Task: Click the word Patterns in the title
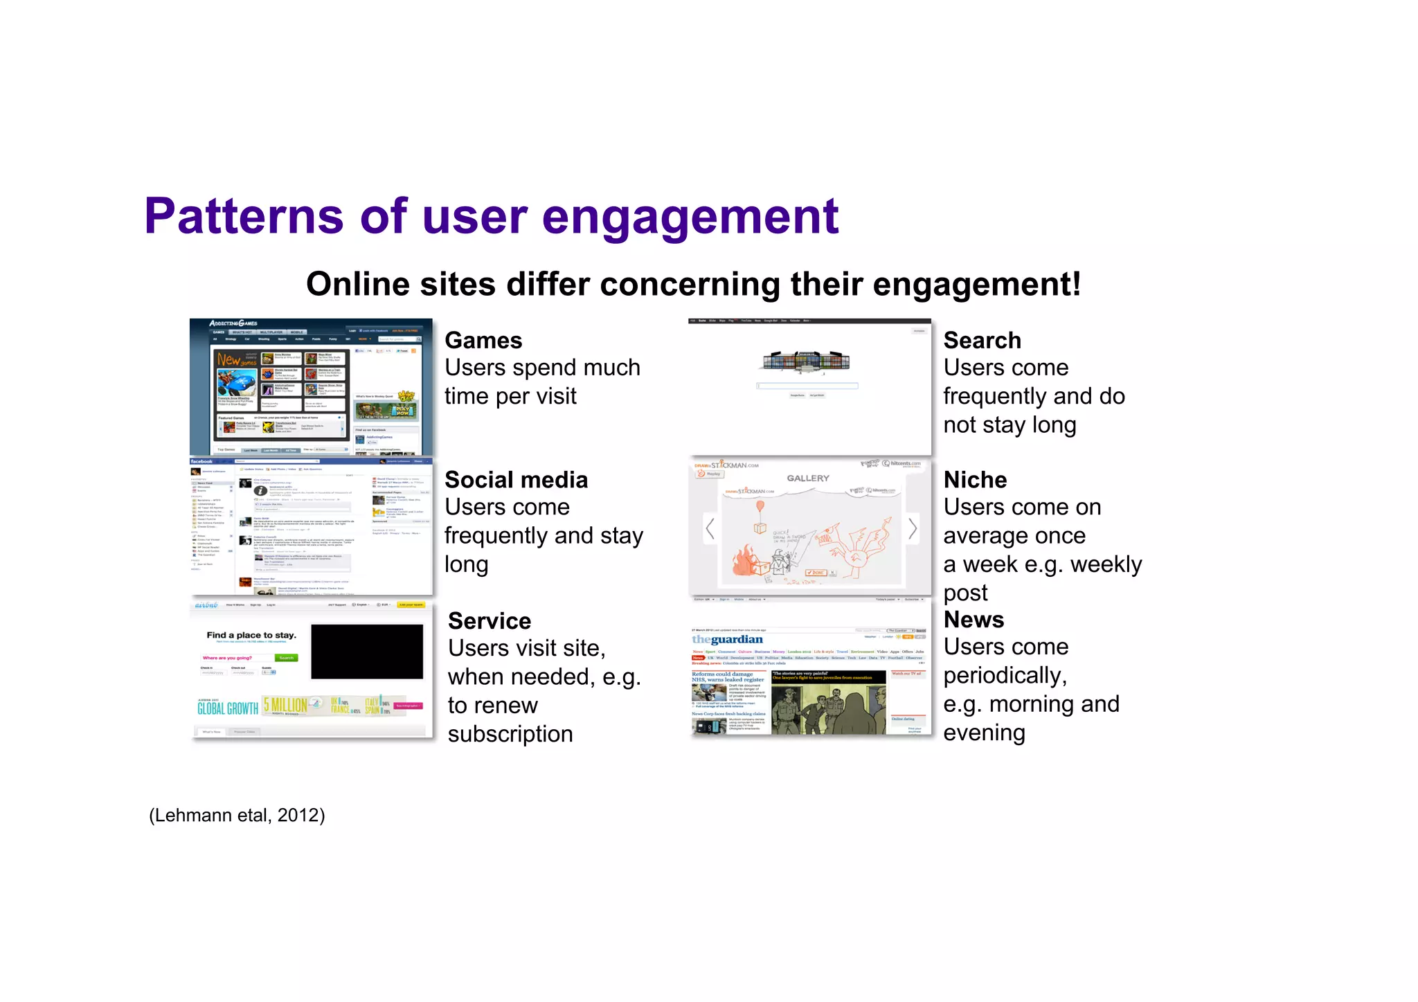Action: (x=244, y=216)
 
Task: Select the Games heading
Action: (x=483, y=341)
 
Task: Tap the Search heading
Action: (x=982, y=341)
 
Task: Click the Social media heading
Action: (x=516, y=480)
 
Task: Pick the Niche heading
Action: (x=975, y=480)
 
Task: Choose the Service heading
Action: (x=490, y=621)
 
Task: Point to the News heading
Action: (x=973, y=620)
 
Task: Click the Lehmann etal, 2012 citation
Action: (x=237, y=815)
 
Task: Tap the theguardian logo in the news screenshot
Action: (x=727, y=639)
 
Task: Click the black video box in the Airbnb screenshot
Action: (x=366, y=652)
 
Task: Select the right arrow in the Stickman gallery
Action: (x=913, y=528)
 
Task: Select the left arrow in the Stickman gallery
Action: (x=710, y=528)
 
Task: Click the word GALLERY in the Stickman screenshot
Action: (x=807, y=478)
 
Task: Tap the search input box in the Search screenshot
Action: (x=807, y=386)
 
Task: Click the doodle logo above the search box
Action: (x=806, y=361)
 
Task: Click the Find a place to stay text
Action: (x=251, y=635)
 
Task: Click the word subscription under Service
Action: (x=510, y=734)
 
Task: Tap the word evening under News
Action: (x=984, y=733)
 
